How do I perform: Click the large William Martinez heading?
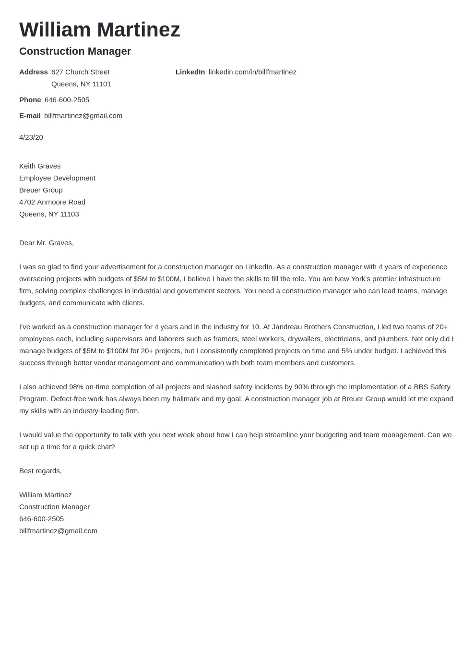pos(99,30)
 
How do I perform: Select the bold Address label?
pos(33,72)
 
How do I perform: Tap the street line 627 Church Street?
pos(80,72)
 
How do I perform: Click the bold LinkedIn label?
pos(190,72)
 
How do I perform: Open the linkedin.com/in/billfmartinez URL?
pos(252,72)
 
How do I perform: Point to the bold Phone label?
pos(30,100)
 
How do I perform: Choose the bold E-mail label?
pos(30,116)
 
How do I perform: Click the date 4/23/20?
pos(31,137)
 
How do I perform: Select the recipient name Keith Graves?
pos(40,166)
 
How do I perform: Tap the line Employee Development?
pos(57,178)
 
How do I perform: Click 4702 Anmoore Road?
pos(52,202)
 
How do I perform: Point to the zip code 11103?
pos(70,214)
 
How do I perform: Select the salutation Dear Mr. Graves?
pos(47,243)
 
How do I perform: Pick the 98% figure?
pos(76,387)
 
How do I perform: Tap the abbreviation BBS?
pos(421,387)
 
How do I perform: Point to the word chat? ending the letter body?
pos(105,447)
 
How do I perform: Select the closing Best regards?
pos(40,471)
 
